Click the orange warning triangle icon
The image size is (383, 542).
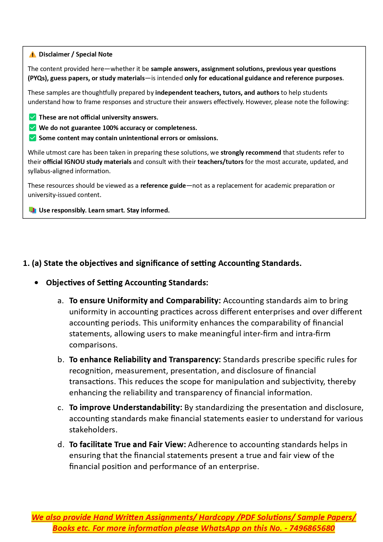(x=32, y=55)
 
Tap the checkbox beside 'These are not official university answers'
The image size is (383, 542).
(x=32, y=117)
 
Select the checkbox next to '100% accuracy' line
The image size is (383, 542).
(x=32, y=128)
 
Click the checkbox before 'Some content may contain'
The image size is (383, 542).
(x=32, y=138)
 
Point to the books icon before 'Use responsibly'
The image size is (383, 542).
(x=32, y=210)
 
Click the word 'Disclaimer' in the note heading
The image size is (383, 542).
(x=54, y=55)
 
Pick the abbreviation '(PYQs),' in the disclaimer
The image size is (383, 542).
(x=38, y=78)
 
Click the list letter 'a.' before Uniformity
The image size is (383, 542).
(x=61, y=301)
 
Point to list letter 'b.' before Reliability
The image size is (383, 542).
(x=61, y=360)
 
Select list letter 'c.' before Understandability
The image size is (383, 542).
(x=61, y=408)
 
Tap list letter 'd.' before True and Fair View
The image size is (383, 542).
(x=61, y=445)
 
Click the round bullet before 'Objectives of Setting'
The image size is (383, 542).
(x=37, y=283)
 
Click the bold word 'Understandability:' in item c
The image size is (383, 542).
(x=148, y=408)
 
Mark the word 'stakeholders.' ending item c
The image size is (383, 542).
(x=93, y=430)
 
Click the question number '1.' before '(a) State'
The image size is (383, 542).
(x=26, y=263)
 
